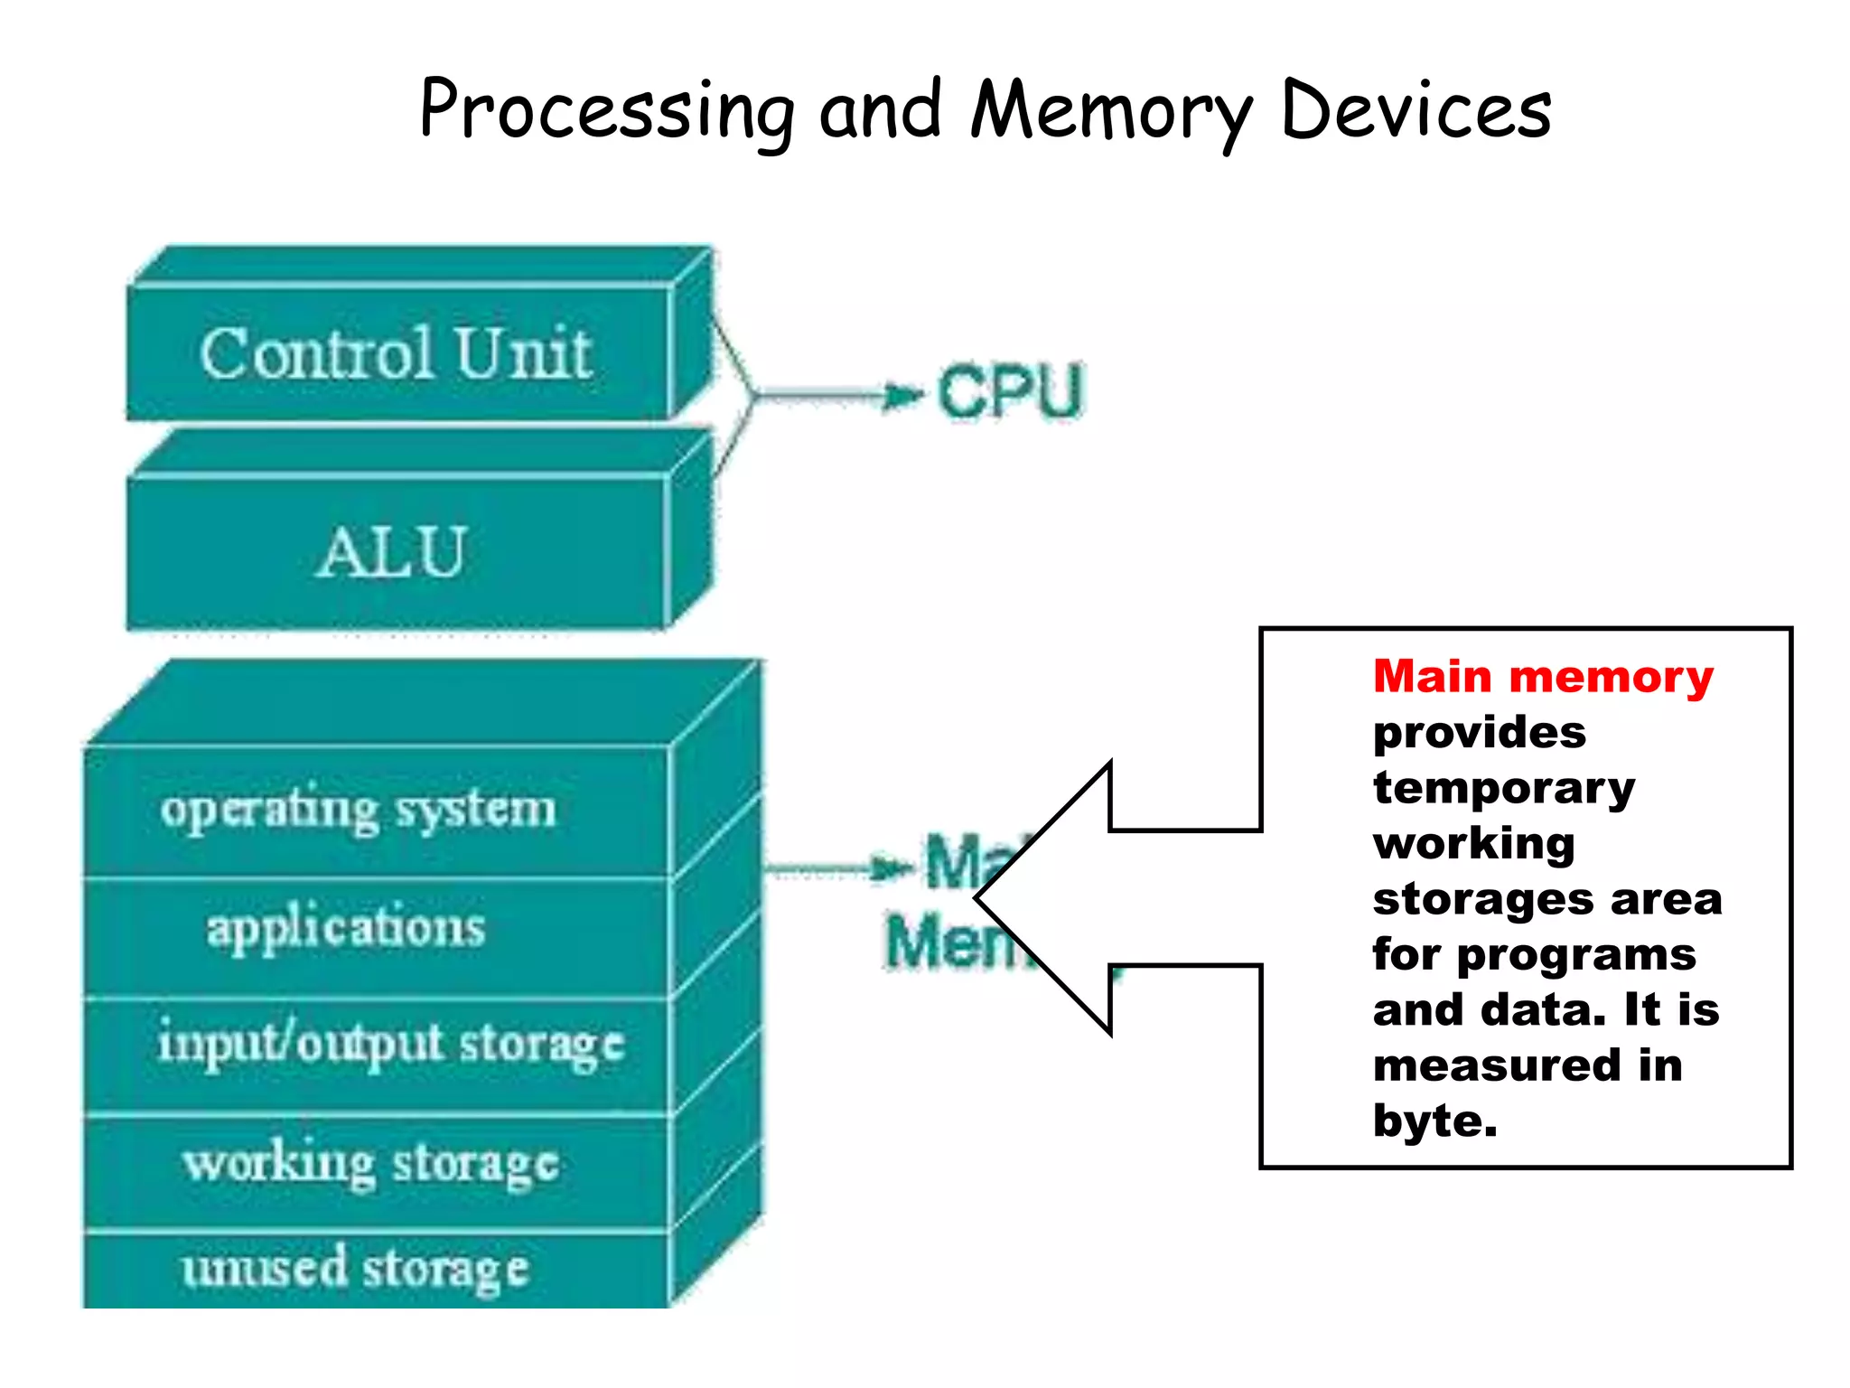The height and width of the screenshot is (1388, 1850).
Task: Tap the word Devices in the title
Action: point(1416,110)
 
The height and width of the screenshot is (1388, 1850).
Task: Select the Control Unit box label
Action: point(396,353)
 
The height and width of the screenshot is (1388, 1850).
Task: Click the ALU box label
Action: point(392,552)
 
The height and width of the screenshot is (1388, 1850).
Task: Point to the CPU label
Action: point(1010,392)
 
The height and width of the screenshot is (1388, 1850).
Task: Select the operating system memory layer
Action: point(358,809)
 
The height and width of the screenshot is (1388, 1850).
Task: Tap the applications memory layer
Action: point(346,928)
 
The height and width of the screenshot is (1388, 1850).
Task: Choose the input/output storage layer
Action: point(390,1045)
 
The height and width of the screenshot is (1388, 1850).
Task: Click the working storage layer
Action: point(370,1164)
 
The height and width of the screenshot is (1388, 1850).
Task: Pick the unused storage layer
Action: point(354,1268)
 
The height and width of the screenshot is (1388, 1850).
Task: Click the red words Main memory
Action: point(1542,677)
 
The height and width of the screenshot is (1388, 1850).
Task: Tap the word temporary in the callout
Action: point(1503,788)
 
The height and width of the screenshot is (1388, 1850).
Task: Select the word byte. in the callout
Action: point(1434,1121)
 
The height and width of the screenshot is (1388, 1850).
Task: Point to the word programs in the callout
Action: point(1576,955)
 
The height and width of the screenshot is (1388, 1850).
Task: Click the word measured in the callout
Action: point(1496,1066)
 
